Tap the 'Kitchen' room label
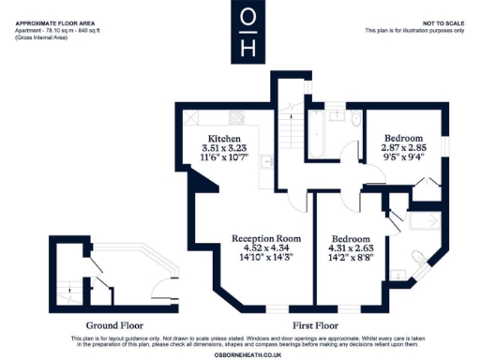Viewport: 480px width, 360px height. [x=223, y=139]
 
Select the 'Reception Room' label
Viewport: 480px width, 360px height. [x=262, y=238]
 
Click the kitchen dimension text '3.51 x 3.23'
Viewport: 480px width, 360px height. [x=223, y=148]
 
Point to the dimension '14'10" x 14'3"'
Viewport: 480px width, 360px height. [x=262, y=256]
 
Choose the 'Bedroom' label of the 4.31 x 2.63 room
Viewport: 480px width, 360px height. [x=349, y=238]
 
